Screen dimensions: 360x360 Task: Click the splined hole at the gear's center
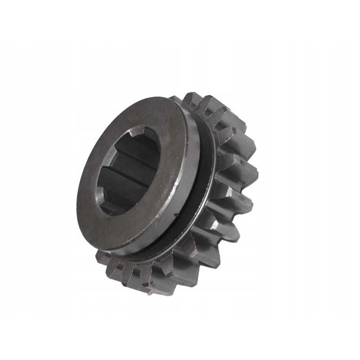128,171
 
